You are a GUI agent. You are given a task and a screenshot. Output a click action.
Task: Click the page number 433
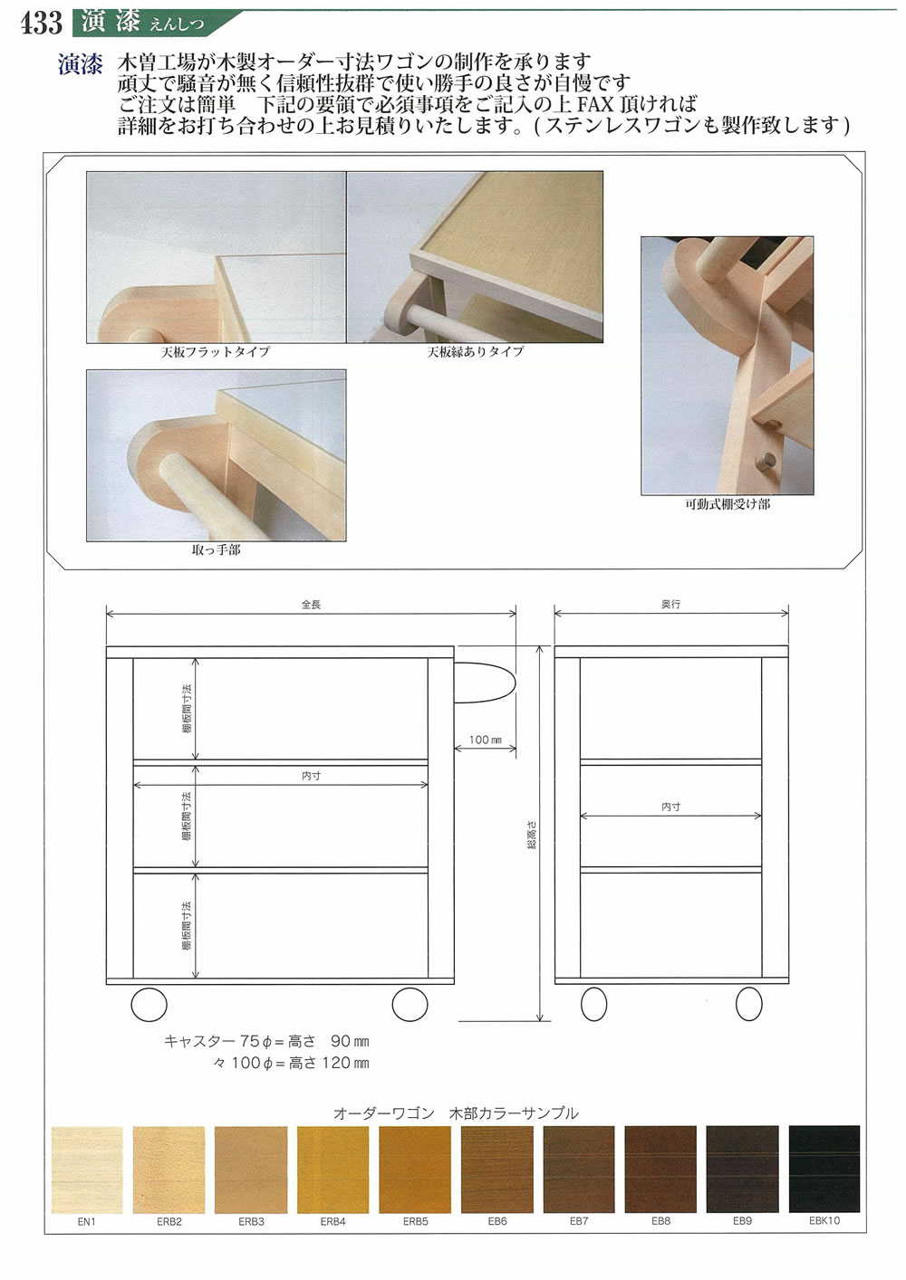pos(41,22)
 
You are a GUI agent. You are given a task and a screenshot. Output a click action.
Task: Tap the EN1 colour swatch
pos(86,1170)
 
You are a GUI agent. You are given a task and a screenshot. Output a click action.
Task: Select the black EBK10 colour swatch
pos(824,1170)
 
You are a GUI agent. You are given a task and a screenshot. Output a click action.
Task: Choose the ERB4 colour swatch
pos(333,1170)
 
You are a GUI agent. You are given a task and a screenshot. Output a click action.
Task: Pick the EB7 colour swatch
pos(579,1170)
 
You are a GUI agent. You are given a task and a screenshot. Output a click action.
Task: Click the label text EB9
pos(742,1221)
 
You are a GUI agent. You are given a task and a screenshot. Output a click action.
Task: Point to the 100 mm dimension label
pos(485,740)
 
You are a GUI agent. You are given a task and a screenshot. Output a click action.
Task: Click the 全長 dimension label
pos(311,605)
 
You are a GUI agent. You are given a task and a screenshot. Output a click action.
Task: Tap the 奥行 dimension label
pos(670,604)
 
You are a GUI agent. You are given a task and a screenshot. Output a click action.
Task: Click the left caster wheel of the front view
pos(149,1005)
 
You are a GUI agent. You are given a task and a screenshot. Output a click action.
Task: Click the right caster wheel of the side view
pos(749,1004)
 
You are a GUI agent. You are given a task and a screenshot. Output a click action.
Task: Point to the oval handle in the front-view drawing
pos(485,682)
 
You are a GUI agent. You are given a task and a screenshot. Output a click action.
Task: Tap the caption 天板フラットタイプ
pos(216,351)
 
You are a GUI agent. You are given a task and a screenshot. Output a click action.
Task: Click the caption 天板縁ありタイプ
pos(476,351)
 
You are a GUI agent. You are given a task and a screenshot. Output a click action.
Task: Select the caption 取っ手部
pos(216,549)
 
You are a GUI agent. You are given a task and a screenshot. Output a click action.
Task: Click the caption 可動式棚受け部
pos(728,504)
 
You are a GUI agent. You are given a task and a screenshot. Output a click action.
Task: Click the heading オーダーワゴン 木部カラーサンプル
pos(456,1113)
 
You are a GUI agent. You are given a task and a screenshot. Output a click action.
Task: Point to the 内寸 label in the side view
pos(670,807)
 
